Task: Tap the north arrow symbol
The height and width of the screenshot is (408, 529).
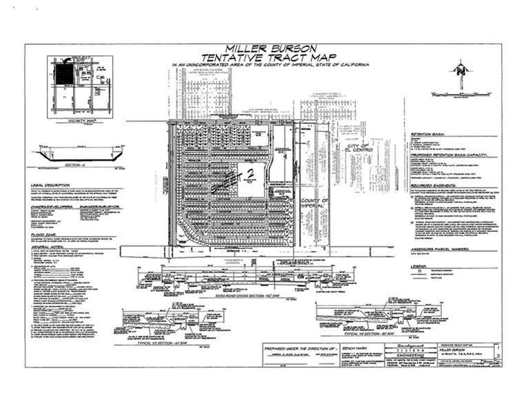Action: [x=459, y=71]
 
